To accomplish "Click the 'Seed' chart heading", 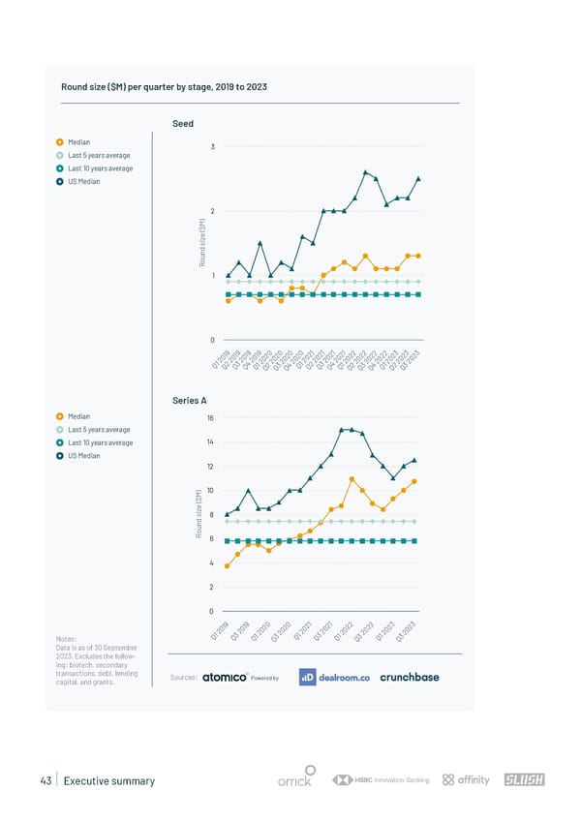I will pos(183,123).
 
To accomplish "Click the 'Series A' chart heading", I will pos(189,400).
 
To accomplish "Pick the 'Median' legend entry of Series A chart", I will pos(79,417).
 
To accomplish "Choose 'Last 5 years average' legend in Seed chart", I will pos(98,155).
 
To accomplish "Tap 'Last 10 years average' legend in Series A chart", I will pos(100,442).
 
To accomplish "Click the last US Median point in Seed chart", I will pos(418,178).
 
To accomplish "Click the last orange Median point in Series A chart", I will pos(414,481).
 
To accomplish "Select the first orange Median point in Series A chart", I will pos(228,565).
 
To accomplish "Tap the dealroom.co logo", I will pos(335,678).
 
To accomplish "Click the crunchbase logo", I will pos(410,678).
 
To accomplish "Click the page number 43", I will pos(46,780).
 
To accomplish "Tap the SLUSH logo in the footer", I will pos(524,780).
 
